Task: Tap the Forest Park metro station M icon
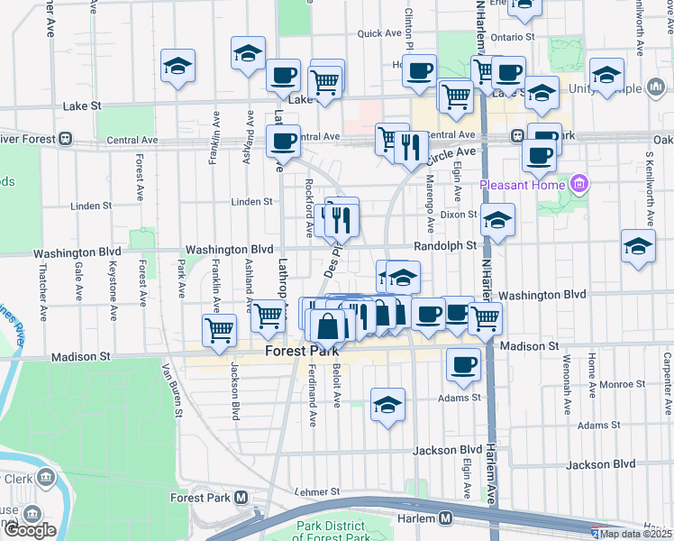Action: [241, 497]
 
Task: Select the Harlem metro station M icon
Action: [445, 518]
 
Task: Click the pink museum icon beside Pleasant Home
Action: [578, 186]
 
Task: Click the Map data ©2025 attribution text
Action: [636, 534]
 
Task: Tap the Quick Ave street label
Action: [378, 33]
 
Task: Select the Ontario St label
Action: [514, 38]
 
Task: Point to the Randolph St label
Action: [445, 245]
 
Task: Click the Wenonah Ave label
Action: [569, 389]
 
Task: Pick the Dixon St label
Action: [459, 214]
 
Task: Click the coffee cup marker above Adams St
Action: [463, 364]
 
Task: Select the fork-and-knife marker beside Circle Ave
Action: [411, 147]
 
